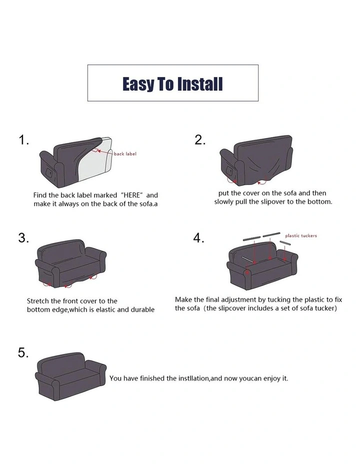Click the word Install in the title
tap(199, 84)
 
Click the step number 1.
tap(23, 140)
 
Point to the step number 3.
tap(23, 238)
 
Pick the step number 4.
tap(198, 238)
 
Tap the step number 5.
tap(23, 352)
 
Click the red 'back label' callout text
tap(125, 153)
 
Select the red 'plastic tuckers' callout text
tap(301, 235)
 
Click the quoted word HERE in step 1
tap(131, 195)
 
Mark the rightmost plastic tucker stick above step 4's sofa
tap(285, 243)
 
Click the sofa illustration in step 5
tap(70, 376)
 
